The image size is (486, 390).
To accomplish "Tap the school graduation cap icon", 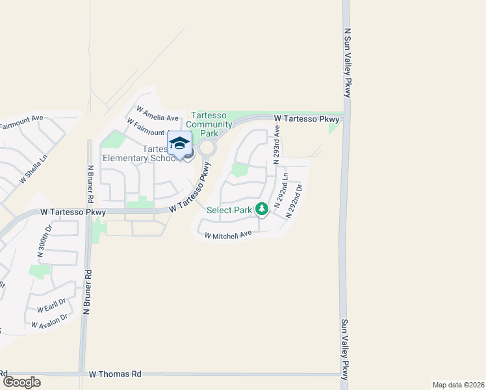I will point(180,142).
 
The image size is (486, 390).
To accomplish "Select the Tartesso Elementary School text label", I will point(139,153).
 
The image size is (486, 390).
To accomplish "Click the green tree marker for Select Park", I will point(262,209).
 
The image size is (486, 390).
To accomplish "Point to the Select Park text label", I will point(229,210).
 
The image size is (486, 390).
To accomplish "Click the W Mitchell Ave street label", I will point(227,235).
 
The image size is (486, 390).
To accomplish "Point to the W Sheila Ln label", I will point(34,168).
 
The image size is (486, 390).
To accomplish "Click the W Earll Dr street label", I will point(51,305).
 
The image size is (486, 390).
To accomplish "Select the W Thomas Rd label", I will point(115,374).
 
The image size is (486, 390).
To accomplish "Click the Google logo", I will point(21,382).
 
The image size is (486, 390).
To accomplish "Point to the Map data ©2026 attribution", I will point(458,385).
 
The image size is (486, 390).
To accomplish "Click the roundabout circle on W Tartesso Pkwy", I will point(207,148).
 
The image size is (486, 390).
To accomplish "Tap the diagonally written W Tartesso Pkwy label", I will point(190,189).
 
